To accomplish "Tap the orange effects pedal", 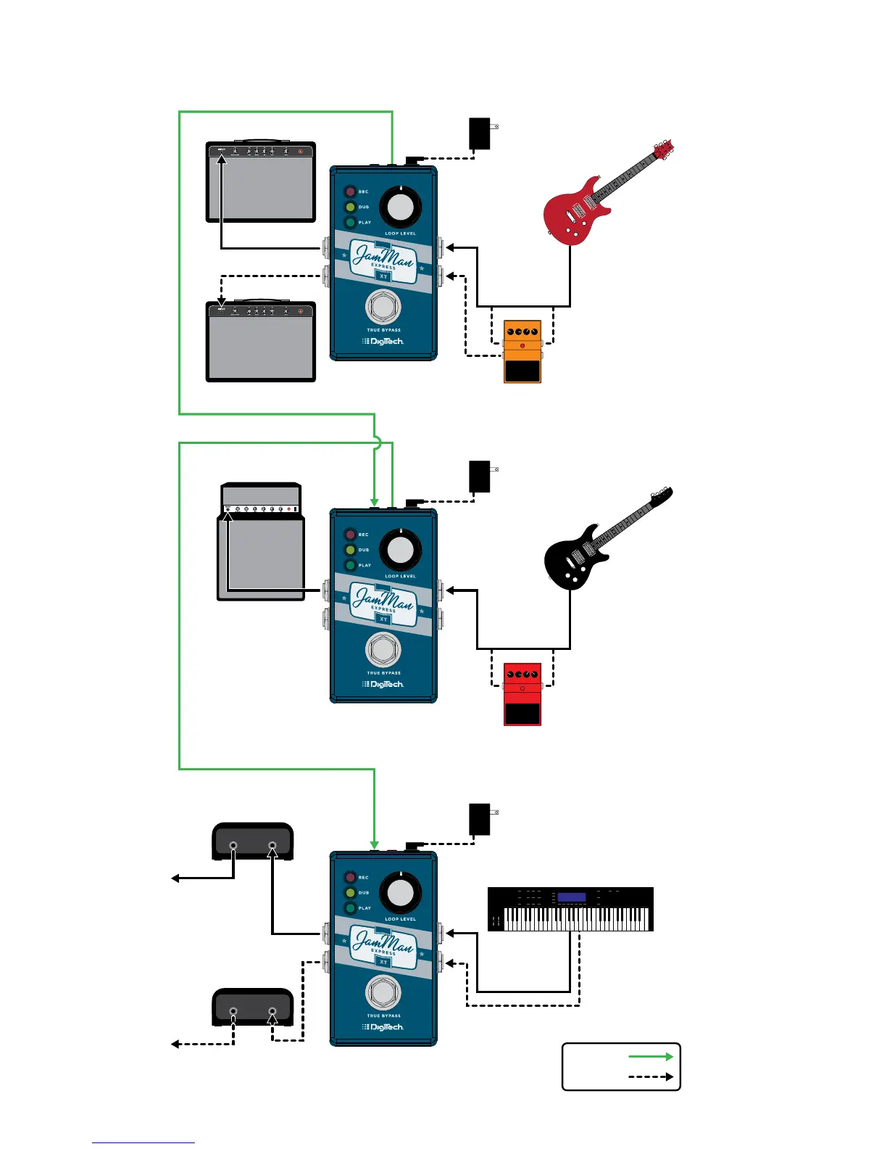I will (x=522, y=351).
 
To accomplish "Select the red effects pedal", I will (x=522, y=693).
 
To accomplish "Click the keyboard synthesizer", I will (x=570, y=909).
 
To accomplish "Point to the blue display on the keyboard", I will (x=571, y=897).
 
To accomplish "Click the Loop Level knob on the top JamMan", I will (x=399, y=207).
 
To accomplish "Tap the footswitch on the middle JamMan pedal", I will (x=383, y=649).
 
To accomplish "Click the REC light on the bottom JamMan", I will (x=351, y=878).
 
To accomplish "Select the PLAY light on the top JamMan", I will (x=351, y=223).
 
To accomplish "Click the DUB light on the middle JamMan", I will (x=351, y=550).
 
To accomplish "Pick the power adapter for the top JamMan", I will (x=480, y=133).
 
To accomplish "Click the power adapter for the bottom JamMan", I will (x=480, y=819).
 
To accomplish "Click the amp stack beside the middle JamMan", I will (x=261, y=542).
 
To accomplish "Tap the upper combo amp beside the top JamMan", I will (x=261, y=182).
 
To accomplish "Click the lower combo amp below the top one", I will (x=261, y=342).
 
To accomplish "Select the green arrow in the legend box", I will (x=650, y=1056).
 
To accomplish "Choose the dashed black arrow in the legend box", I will (x=650, y=1077).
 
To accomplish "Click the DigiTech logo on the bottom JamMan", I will (x=383, y=1027).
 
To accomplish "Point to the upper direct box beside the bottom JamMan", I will (x=252, y=841).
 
